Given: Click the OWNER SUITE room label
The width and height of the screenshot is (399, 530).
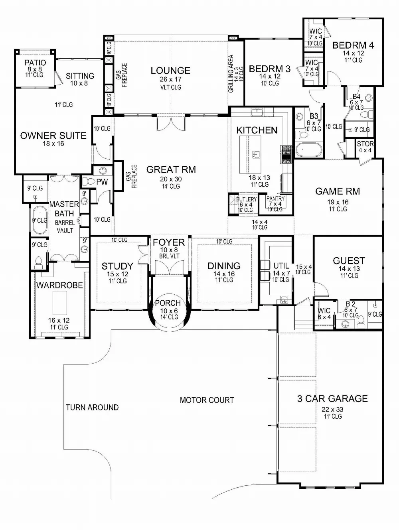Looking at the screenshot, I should point(53,136).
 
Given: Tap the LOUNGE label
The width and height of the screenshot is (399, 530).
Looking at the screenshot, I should point(170,71).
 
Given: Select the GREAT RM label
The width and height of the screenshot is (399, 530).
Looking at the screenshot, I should point(171,169).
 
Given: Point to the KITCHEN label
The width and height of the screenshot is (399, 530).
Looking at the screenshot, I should point(257,130).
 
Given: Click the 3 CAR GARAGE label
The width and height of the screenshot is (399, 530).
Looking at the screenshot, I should point(332,398).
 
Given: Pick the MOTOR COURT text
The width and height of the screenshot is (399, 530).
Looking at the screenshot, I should point(207,400).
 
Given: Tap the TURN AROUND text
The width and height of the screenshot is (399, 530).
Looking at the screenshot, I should point(92,407).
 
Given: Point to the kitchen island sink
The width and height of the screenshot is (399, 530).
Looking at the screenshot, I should point(256,153).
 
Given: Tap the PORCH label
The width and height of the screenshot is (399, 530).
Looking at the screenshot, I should point(168,303).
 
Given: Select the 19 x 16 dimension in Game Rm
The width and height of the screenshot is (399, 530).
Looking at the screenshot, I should point(337,202).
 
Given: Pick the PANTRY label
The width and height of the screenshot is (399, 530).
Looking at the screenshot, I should point(275,199).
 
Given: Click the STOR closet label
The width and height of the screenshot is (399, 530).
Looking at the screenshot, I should point(365,144).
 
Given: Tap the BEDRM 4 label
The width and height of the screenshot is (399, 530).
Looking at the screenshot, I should point(353,45).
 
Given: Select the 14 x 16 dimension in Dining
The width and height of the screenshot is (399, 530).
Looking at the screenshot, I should point(224,274).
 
